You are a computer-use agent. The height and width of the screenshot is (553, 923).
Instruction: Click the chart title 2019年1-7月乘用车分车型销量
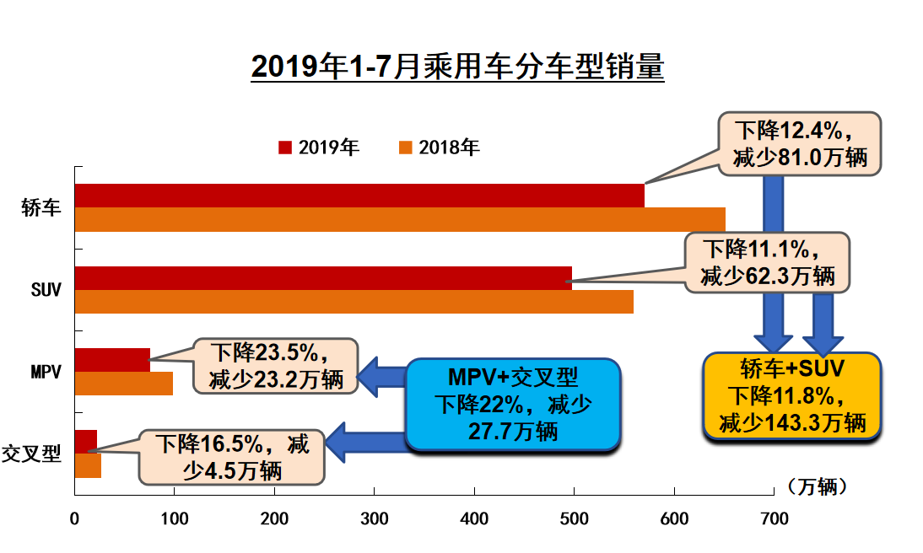click(457, 67)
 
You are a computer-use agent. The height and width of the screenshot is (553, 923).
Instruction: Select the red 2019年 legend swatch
click(285, 148)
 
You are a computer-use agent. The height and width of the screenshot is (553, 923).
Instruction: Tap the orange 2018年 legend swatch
click(405, 148)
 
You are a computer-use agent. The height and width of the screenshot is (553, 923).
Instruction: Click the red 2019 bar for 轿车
click(359, 196)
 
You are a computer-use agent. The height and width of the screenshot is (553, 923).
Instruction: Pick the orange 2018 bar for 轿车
click(399, 219)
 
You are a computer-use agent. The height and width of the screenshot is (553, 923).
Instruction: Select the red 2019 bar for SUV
click(322, 278)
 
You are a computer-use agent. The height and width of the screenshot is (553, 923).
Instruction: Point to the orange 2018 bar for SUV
click(354, 302)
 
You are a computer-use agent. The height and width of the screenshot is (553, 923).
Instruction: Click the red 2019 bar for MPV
click(111, 360)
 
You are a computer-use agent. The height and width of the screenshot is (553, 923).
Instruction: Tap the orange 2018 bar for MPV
click(123, 384)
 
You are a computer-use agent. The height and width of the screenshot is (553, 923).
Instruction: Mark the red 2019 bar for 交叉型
click(85, 442)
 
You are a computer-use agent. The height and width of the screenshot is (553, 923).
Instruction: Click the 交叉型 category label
click(32, 454)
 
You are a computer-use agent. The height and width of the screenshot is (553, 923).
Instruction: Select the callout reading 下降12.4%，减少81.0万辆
click(799, 144)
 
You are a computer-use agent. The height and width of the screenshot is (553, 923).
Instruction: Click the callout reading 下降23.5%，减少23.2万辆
click(276, 366)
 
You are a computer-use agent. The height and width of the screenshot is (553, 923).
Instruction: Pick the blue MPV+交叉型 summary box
click(513, 405)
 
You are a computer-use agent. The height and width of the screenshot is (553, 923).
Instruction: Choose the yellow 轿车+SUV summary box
click(792, 395)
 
